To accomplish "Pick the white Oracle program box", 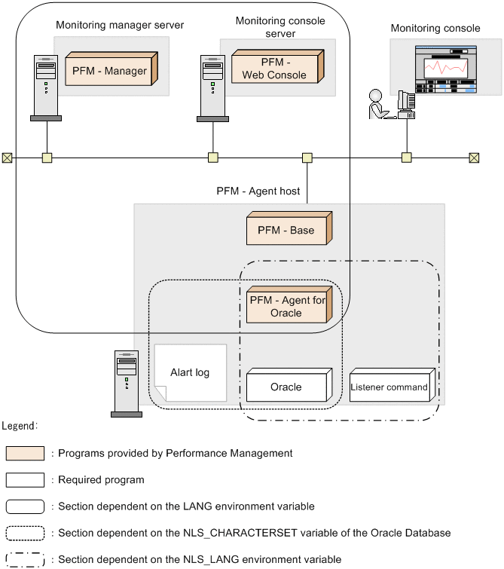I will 288,387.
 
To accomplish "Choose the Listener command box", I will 390,387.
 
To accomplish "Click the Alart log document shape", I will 190,373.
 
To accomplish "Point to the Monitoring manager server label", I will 120,25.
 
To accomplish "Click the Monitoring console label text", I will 435,29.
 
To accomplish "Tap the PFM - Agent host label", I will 258,191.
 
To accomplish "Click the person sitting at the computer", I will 378,106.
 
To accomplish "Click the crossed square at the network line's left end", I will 7,158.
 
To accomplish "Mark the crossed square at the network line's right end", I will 474,158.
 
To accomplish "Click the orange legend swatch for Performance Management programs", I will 25,454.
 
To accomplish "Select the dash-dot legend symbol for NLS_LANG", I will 25,559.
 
